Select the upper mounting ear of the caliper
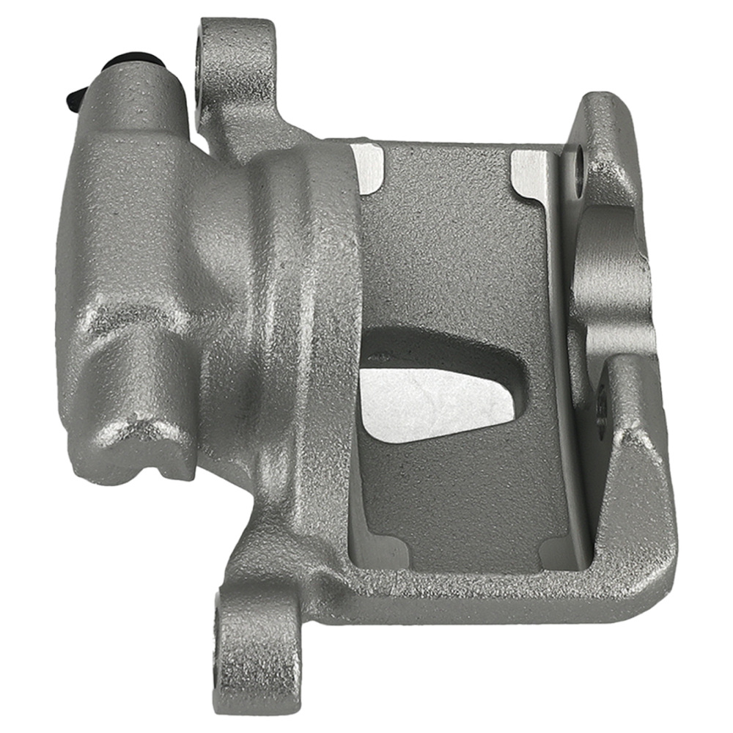238,66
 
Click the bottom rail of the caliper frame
469,594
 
